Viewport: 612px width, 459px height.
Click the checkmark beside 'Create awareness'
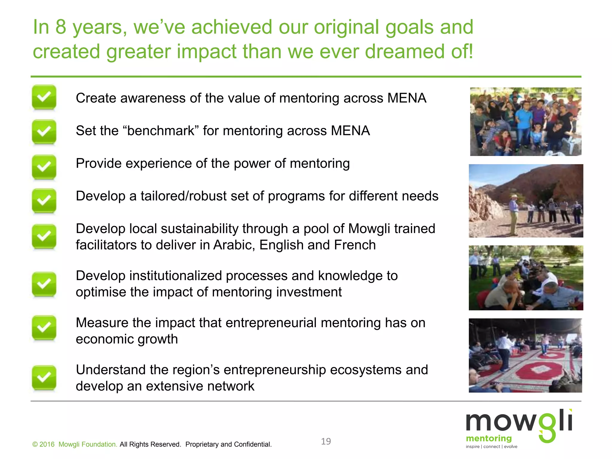[x=44, y=97]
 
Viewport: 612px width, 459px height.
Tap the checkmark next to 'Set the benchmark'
[x=44, y=131]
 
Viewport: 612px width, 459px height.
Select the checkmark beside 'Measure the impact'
[x=44, y=328]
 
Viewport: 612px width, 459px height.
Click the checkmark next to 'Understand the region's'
[x=44, y=377]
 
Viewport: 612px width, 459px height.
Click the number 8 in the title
[x=61, y=27]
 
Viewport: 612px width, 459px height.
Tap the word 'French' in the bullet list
[x=355, y=245]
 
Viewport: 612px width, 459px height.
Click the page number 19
[x=326, y=441]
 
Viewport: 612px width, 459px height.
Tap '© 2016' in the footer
[x=43, y=444]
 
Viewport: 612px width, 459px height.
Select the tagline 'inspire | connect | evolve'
[x=491, y=447]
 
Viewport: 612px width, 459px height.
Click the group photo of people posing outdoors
[x=526, y=122]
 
